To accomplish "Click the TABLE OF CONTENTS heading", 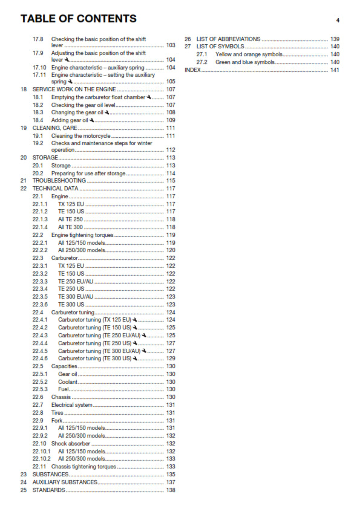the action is tap(79, 19).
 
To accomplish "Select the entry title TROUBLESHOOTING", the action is tap(59, 181).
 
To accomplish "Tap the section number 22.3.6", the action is tap(40, 305).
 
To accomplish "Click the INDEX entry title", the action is tap(192, 70).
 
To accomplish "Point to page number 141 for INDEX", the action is tap(335, 70).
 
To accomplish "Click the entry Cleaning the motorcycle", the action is tap(80, 136).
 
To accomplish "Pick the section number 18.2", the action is tap(38, 105).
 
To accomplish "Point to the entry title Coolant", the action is tap(68, 382).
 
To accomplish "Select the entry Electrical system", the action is tap(72, 405).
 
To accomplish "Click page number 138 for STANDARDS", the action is tap(171, 490).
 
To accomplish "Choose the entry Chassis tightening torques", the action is tap(83, 467).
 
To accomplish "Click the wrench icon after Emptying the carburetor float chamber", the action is tap(149, 97).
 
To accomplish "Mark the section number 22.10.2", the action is tap(41, 459).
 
